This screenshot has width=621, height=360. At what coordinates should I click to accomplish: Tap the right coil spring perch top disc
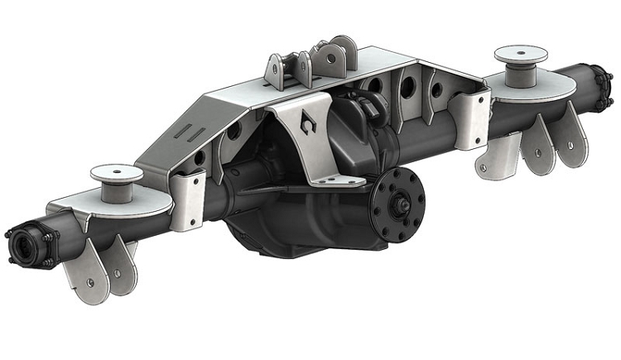pyautogui.click(x=521, y=55)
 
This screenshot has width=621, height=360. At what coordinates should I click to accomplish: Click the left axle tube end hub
pyautogui.click(x=25, y=245)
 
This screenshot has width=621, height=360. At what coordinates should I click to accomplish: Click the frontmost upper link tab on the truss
pyautogui.click(x=276, y=70)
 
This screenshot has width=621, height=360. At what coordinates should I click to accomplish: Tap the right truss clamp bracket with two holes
pyautogui.click(x=469, y=118)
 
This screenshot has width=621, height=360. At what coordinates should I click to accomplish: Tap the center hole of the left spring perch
pyautogui.click(x=117, y=172)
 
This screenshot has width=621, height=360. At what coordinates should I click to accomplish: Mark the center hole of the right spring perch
pyautogui.click(x=521, y=54)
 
